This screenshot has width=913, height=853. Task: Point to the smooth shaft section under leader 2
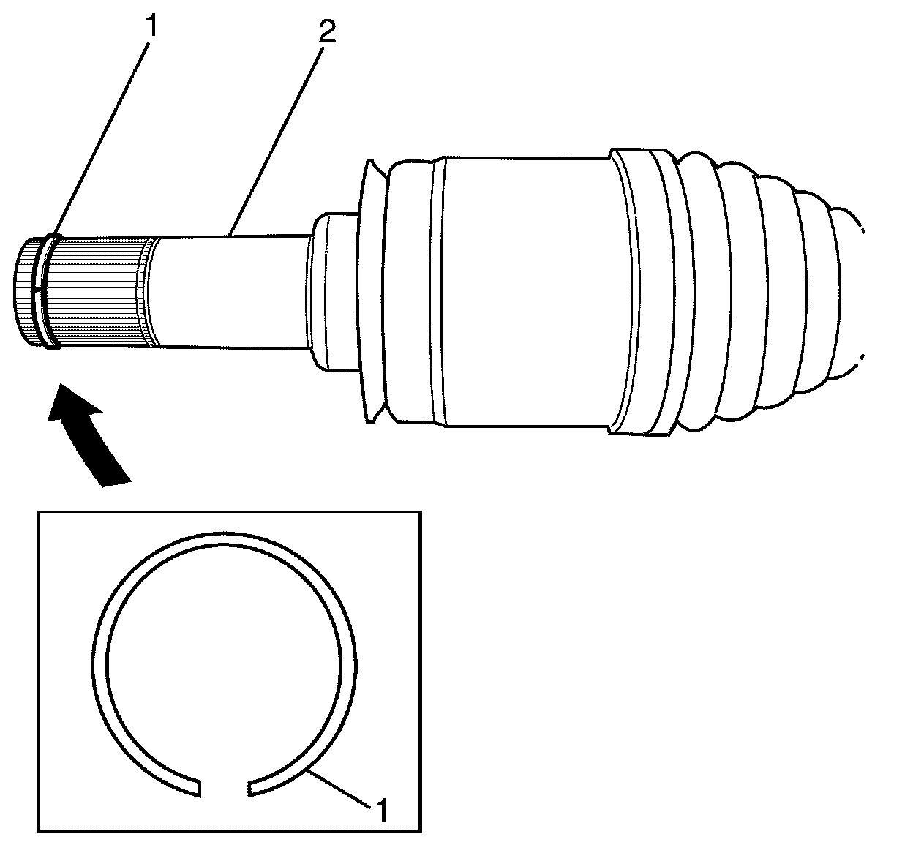pyautogui.click(x=227, y=291)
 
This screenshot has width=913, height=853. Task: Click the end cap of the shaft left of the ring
pyautogui.click(x=28, y=290)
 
